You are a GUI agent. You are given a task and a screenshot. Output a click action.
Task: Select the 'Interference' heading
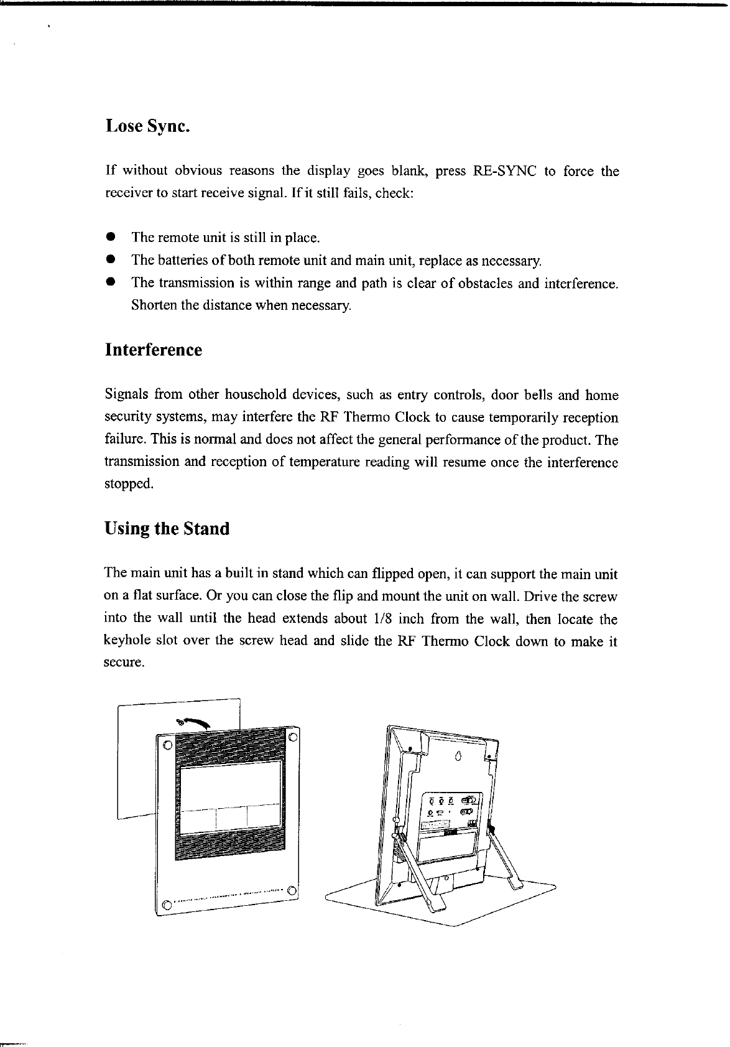(x=154, y=350)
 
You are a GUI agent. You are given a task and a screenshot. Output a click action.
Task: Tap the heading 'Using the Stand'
(x=167, y=529)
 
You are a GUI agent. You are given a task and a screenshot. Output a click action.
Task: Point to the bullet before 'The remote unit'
(x=110, y=237)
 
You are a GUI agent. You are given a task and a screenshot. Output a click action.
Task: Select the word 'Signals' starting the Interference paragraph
(x=125, y=395)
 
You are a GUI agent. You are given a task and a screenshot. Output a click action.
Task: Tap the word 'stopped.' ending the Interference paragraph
(x=127, y=484)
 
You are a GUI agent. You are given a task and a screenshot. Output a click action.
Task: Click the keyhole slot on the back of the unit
(x=458, y=756)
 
